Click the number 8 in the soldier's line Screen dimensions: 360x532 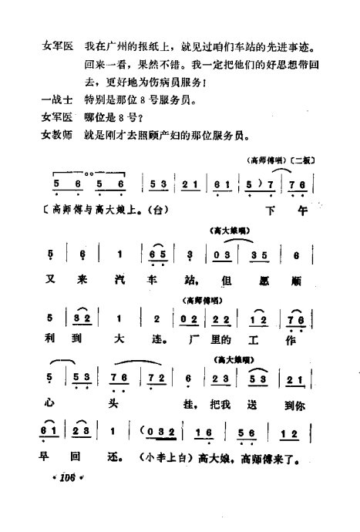(x=153, y=99)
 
